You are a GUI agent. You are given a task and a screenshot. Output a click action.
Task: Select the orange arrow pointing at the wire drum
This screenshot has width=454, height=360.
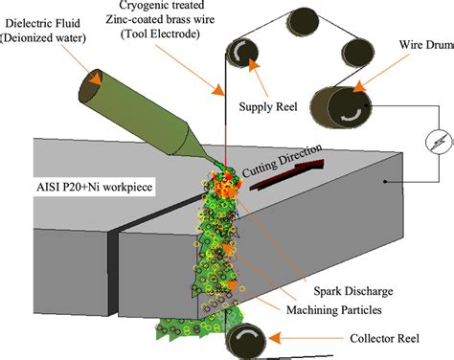click(x=379, y=75)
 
